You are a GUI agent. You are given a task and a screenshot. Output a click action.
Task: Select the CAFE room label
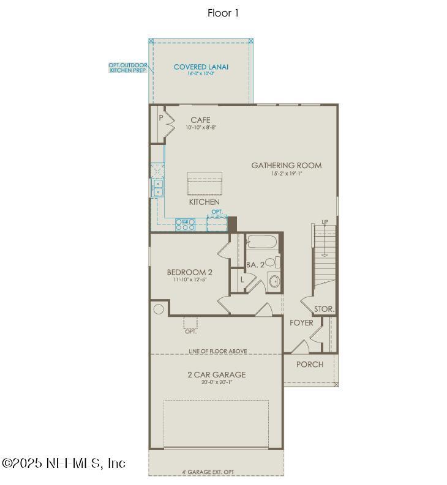tap(200, 120)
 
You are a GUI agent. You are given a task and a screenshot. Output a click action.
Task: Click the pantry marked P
tap(161, 117)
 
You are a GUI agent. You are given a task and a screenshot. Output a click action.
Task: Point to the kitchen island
tap(204, 183)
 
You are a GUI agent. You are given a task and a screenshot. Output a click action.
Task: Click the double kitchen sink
tap(158, 188)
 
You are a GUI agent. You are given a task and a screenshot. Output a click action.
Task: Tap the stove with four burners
tap(186, 224)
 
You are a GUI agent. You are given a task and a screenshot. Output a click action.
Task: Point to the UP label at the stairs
tap(325, 221)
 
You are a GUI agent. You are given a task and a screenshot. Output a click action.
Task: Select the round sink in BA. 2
tap(274, 281)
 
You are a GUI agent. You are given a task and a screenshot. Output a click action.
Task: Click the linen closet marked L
tap(242, 279)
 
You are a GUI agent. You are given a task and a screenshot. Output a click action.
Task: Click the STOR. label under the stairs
tap(324, 309)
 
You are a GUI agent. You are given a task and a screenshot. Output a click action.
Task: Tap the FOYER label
tap(301, 322)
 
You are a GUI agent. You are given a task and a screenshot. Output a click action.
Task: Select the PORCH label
tap(309, 365)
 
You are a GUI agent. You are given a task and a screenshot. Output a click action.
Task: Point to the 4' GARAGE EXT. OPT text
tap(208, 472)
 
